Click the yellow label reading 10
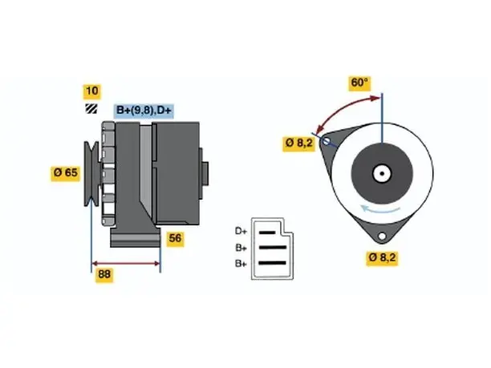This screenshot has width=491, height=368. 91,91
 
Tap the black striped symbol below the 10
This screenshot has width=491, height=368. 91,108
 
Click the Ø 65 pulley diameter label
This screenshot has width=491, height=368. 66,173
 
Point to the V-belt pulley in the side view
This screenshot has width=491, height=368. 91,174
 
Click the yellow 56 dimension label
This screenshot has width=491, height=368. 175,239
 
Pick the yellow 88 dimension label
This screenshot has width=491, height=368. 104,275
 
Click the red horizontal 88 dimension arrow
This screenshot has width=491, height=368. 126,263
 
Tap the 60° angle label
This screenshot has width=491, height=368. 359,83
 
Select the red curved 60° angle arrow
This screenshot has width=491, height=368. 343,108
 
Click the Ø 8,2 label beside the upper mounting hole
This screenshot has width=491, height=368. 298,144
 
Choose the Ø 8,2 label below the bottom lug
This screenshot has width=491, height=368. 382,258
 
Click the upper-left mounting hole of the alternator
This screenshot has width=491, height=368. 326,141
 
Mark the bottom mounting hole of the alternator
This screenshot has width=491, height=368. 382,237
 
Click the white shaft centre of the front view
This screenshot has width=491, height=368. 382,173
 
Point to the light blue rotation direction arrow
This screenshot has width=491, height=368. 380,209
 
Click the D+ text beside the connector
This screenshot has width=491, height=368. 241,232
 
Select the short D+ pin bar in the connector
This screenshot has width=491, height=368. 267,233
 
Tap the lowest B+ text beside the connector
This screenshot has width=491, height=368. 241,264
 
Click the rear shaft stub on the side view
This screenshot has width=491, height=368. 205,174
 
